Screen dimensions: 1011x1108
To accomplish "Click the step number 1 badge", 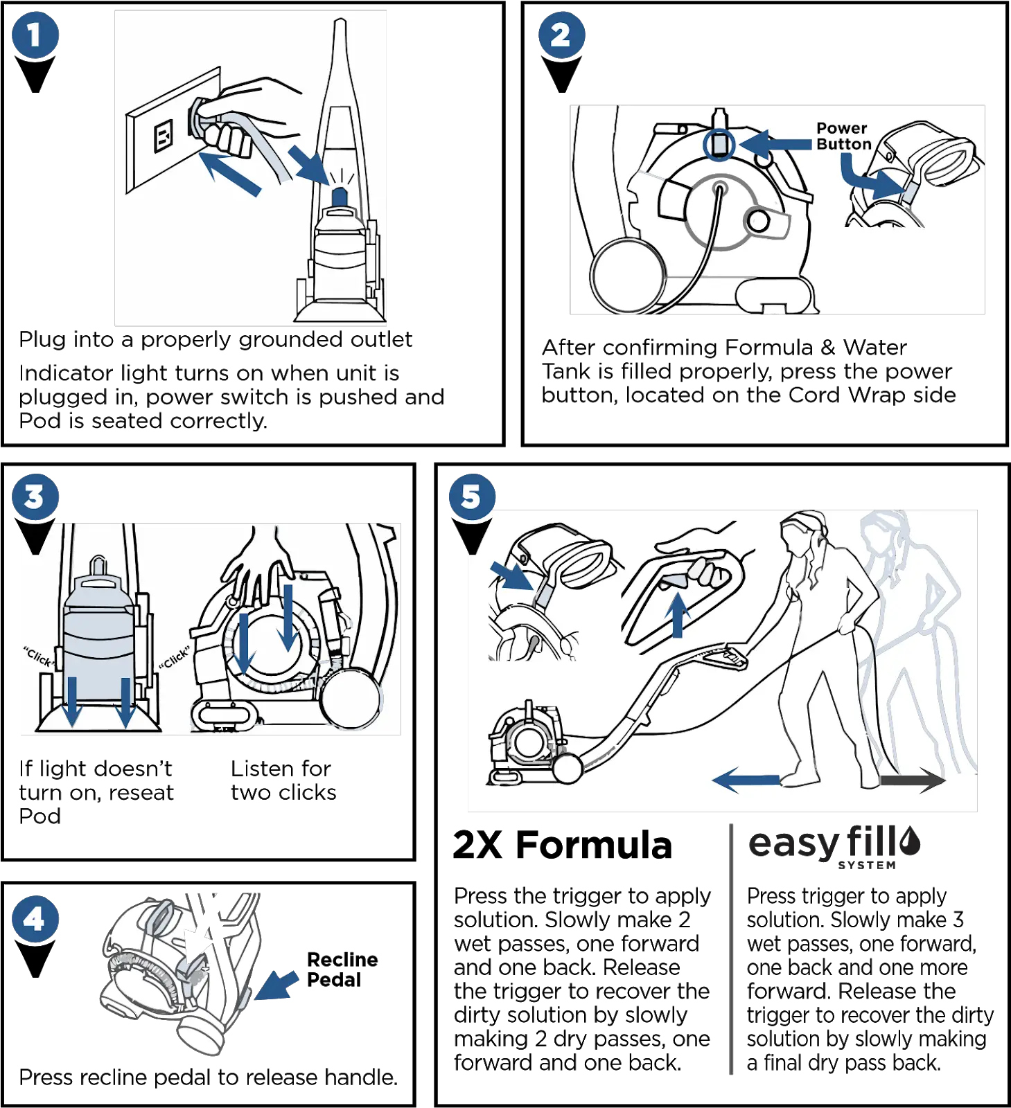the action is [35, 35].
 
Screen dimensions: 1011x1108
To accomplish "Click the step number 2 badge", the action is [561, 35].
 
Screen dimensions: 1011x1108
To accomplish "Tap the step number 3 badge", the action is [35, 497].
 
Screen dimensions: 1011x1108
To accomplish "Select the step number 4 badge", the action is [35, 919].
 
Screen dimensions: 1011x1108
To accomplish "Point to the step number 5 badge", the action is [471, 496].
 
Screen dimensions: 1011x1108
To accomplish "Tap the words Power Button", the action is [843, 136].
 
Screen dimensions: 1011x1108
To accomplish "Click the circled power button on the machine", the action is [719, 145].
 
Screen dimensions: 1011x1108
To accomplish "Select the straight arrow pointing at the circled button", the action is [775, 145].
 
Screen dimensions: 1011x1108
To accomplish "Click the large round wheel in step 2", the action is [627, 276].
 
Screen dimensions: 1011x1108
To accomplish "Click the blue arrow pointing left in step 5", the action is [746, 781].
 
